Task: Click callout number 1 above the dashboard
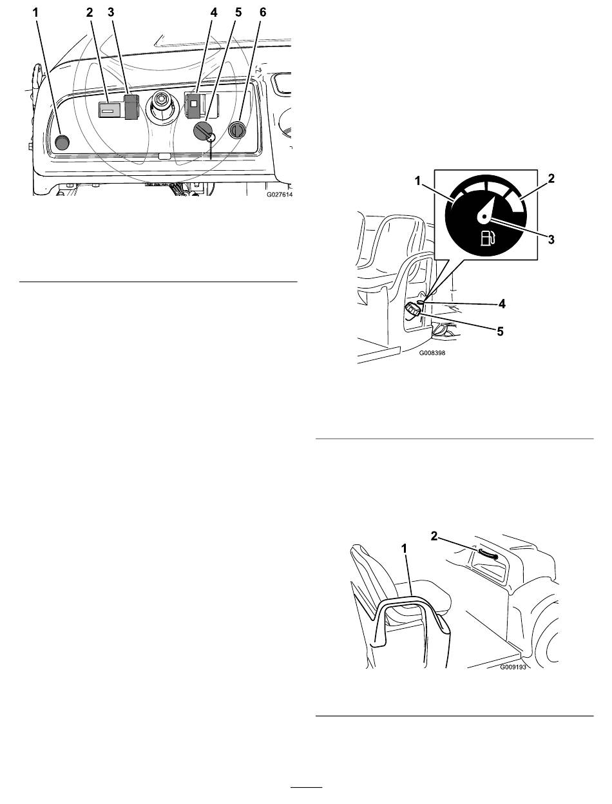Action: [35, 13]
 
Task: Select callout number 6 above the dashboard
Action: [263, 13]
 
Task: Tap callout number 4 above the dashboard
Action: [214, 13]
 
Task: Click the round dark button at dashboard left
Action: [62, 142]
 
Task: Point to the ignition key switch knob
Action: [202, 130]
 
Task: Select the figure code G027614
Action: [280, 195]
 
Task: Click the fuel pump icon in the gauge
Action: [488, 238]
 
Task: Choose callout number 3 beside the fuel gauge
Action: [551, 240]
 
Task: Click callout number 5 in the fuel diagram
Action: [500, 332]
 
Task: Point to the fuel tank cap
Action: [412, 311]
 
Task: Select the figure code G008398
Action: [432, 353]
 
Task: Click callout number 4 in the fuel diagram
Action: [502, 303]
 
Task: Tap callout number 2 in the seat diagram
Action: [434, 536]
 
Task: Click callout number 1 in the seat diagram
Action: [405, 549]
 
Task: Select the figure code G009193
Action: [513, 667]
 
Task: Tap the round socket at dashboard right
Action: [236, 130]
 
